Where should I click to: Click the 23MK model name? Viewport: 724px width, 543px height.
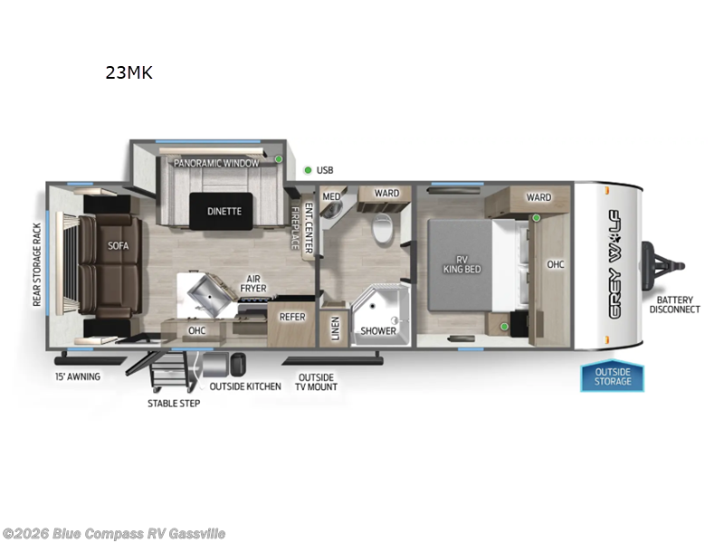(129, 73)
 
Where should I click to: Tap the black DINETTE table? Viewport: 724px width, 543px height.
(224, 211)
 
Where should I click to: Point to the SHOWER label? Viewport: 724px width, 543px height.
(378, 330)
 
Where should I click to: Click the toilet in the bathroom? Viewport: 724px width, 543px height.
(383, 231)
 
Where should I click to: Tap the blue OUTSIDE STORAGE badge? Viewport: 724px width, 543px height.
(612, 376)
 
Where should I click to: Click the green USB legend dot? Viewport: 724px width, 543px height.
(308, 169)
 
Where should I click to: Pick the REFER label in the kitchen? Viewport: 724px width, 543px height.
(291, 318)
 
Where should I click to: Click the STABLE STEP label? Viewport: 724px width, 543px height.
(174, 403)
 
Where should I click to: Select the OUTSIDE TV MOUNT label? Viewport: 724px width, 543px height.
(316, 382)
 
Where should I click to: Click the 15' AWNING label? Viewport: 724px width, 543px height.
(77, 376)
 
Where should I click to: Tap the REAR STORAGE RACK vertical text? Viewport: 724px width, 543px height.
(38, 263)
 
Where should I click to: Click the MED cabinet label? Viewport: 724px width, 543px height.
(331, 195)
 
